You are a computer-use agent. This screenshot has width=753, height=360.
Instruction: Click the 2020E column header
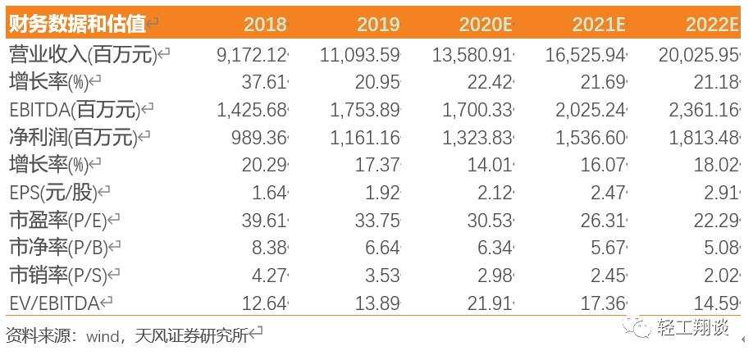pos(485,24)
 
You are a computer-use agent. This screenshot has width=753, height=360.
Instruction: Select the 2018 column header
pos(265,24)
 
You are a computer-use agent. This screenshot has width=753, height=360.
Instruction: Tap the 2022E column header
pos(712,24)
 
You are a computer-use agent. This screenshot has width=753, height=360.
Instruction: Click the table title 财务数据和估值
pos(77,24)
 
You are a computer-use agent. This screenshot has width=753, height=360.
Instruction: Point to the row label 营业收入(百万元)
pos(83,56)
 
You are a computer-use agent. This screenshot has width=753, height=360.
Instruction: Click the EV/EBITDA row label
pos(54,303)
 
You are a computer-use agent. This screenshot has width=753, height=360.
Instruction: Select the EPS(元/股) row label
pos(53,193)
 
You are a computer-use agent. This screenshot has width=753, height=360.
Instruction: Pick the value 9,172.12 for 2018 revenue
pos(252,56)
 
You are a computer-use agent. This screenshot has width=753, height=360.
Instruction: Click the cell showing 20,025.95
pos(698,56)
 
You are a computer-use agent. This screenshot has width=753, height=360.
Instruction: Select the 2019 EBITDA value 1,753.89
pos(364,111)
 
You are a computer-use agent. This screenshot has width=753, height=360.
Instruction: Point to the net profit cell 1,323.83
pos(477,139)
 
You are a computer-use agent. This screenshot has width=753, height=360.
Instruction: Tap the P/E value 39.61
pos(265,221)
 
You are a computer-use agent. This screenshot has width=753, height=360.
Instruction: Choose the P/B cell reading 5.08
pos(720,248)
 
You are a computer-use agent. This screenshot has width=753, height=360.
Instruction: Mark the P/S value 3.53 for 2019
pos(381,276)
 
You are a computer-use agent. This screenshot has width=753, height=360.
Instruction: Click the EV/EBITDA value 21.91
pos(490,303)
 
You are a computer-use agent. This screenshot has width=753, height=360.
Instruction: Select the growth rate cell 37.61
pos(265,83)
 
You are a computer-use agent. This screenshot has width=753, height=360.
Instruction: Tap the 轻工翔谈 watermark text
pos(693,327)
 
